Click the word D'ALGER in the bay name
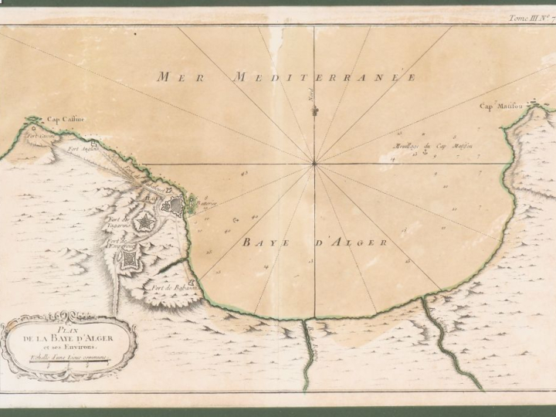click(x=358, y=242)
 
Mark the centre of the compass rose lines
click(x=314, y=163)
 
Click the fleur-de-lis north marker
click(x=314, y=111)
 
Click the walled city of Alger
click(x=174, y=205)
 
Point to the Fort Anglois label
click(x=80, y=148)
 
